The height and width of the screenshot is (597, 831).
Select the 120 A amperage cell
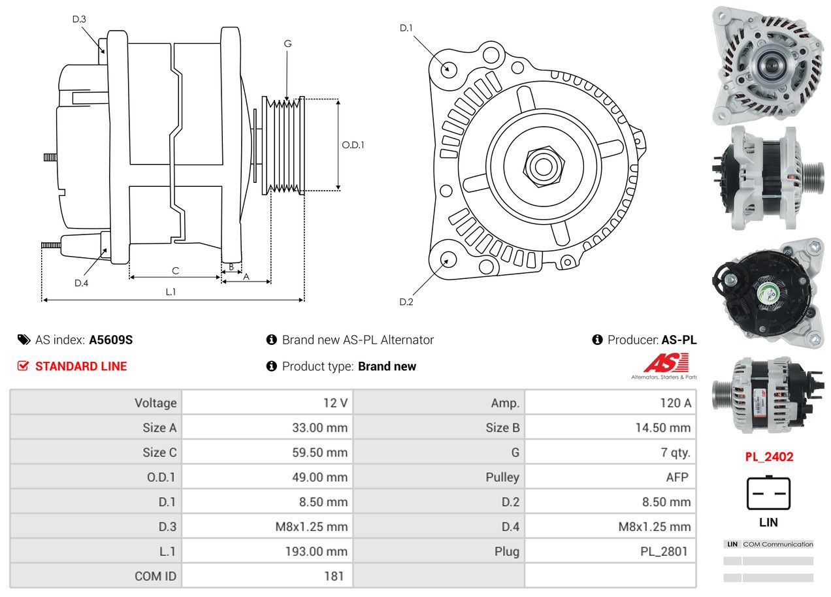675,403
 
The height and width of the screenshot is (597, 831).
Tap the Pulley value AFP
677,477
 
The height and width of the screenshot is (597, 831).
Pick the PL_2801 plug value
664,551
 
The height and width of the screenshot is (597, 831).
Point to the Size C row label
159,452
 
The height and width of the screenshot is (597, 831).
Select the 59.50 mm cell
319,452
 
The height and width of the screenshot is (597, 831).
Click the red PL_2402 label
769,457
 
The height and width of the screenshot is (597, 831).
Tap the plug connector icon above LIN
768,493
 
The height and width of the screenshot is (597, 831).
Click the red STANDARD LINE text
81,366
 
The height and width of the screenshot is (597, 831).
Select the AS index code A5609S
111,340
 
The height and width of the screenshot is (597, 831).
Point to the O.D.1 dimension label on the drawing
353,145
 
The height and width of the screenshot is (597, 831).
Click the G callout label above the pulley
287,44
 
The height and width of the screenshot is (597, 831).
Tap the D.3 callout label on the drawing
79,19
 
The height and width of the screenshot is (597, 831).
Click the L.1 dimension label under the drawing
171,292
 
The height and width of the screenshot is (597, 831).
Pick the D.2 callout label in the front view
406,302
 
